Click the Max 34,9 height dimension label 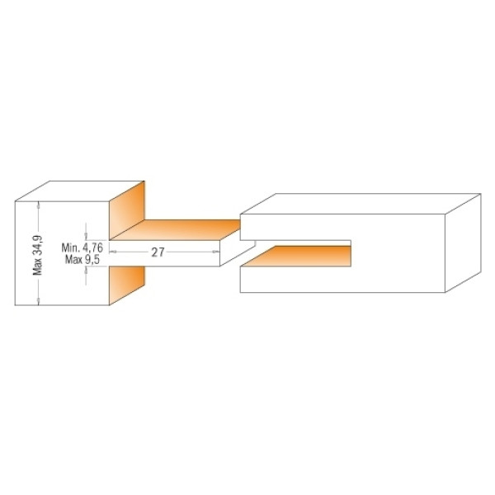38,255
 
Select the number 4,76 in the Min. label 92,247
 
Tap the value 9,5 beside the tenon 92,260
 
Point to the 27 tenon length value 158,252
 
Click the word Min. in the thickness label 69,247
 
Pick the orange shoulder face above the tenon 127,210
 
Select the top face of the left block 79,191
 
